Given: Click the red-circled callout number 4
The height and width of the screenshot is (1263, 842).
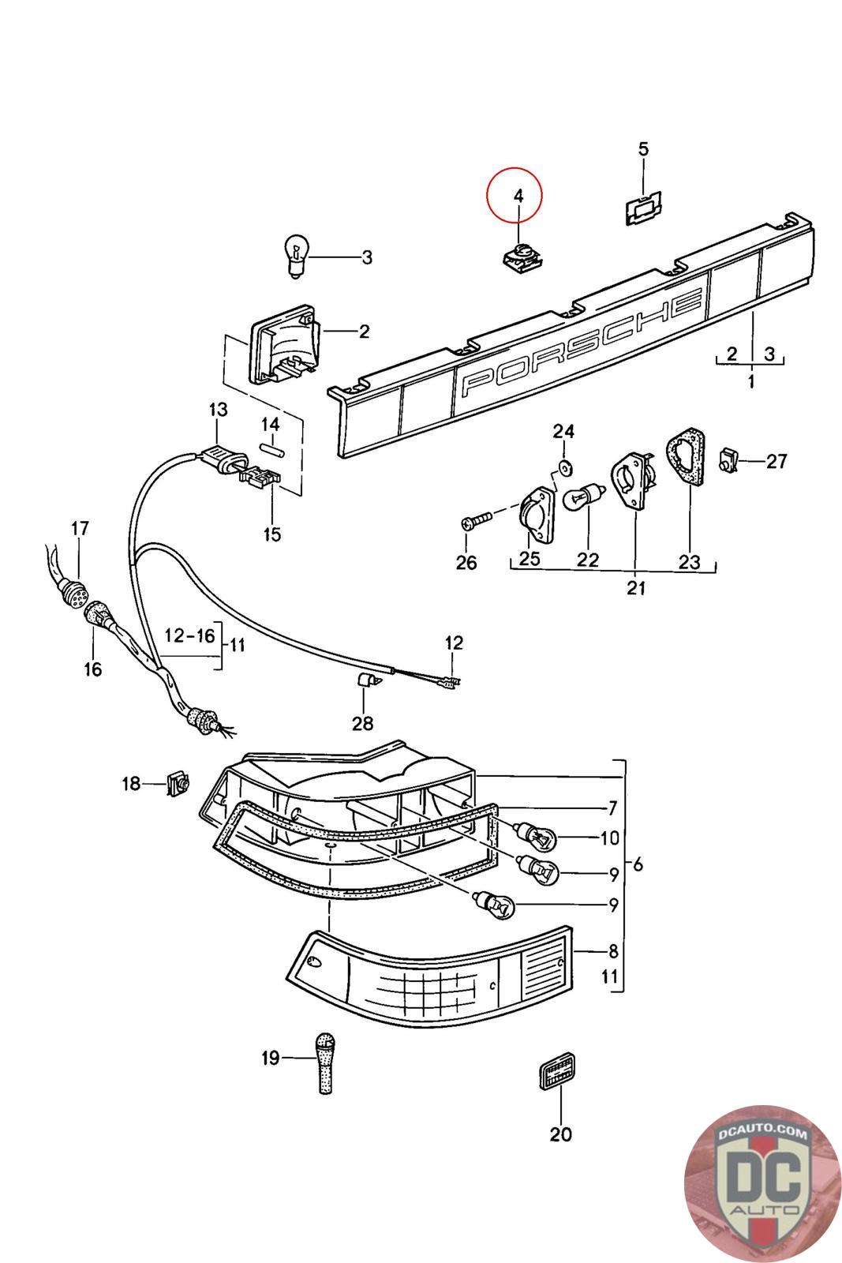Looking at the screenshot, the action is pos(518,196).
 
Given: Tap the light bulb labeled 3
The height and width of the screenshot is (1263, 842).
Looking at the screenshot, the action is pos(296,257).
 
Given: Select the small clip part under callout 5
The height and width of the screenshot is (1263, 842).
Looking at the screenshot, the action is pos(643,208).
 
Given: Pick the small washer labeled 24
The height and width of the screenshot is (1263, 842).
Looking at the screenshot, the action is pos(563,467).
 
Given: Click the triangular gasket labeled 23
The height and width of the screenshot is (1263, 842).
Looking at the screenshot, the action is pos(686,455).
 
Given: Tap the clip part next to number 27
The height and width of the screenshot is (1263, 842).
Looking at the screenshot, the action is pos(728,459).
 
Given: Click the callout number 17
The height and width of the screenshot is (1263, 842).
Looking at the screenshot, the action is pos(80,528).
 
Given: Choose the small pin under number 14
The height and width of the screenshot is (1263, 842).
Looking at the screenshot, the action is pos(273,449).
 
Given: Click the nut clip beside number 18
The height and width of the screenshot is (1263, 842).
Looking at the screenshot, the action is pos(178,782).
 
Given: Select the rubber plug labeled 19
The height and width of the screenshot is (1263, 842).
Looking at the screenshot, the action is pos(324,1063).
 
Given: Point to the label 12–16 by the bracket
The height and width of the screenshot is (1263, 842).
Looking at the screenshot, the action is pos(190,636).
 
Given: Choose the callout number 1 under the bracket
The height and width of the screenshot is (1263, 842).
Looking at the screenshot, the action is pos(751,382).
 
